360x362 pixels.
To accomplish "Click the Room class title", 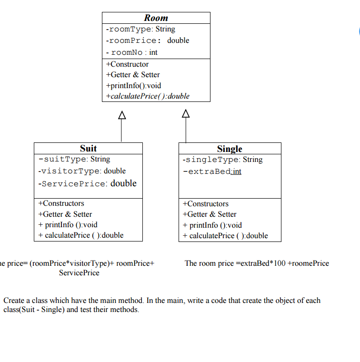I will click(156, 18).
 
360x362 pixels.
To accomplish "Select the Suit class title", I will click(88, 148).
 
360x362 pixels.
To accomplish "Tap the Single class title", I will click(230, 149).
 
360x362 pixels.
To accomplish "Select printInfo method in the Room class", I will click(134, 86).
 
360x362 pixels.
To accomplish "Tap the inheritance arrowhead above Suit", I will click(121, 115).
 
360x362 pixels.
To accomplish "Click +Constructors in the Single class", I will click(205, 204).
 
